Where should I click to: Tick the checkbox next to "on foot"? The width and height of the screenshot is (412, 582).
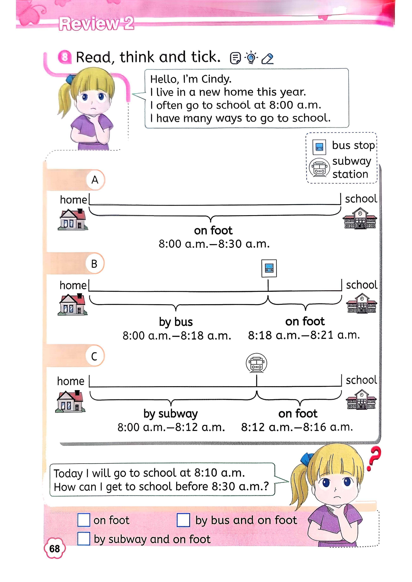coord(84,520)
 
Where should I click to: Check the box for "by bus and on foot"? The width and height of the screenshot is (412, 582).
coord(183,520)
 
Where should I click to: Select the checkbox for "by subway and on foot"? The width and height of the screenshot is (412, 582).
coord(84,539)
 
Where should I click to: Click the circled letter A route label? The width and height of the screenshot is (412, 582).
coord(95,180)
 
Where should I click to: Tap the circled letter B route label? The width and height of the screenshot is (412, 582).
coord(94,264)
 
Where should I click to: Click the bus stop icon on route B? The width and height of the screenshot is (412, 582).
coord(269,268)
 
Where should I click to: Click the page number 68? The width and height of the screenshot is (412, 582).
coord(55,548)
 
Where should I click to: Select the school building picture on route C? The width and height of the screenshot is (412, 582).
coord(361,400)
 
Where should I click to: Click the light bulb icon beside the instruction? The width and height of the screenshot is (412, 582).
coord(251,58)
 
